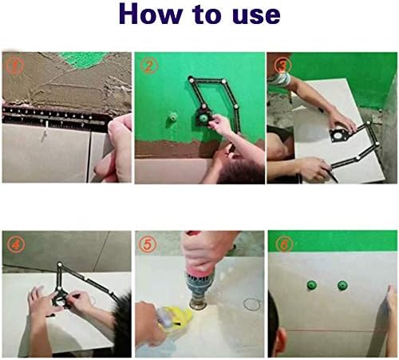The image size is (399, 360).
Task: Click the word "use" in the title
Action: [256, 16]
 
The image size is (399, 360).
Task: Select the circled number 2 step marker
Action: [148, 65]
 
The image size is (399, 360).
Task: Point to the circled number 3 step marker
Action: [282, 65]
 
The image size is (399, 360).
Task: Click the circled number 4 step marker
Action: [15, 244]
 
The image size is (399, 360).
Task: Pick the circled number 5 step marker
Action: [147, 243]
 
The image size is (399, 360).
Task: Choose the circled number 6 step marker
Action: [284, 243]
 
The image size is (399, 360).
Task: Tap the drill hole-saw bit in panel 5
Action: [198, 303]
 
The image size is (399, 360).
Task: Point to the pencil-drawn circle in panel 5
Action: [252, 304]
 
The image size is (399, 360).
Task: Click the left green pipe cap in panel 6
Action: [311, 285]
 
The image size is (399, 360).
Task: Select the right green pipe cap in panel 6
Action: [342, 286]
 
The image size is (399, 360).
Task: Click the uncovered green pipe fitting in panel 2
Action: [172, 117]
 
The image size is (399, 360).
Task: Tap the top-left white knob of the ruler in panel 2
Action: [191, 79]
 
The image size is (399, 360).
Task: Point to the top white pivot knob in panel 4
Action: [60, 264]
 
